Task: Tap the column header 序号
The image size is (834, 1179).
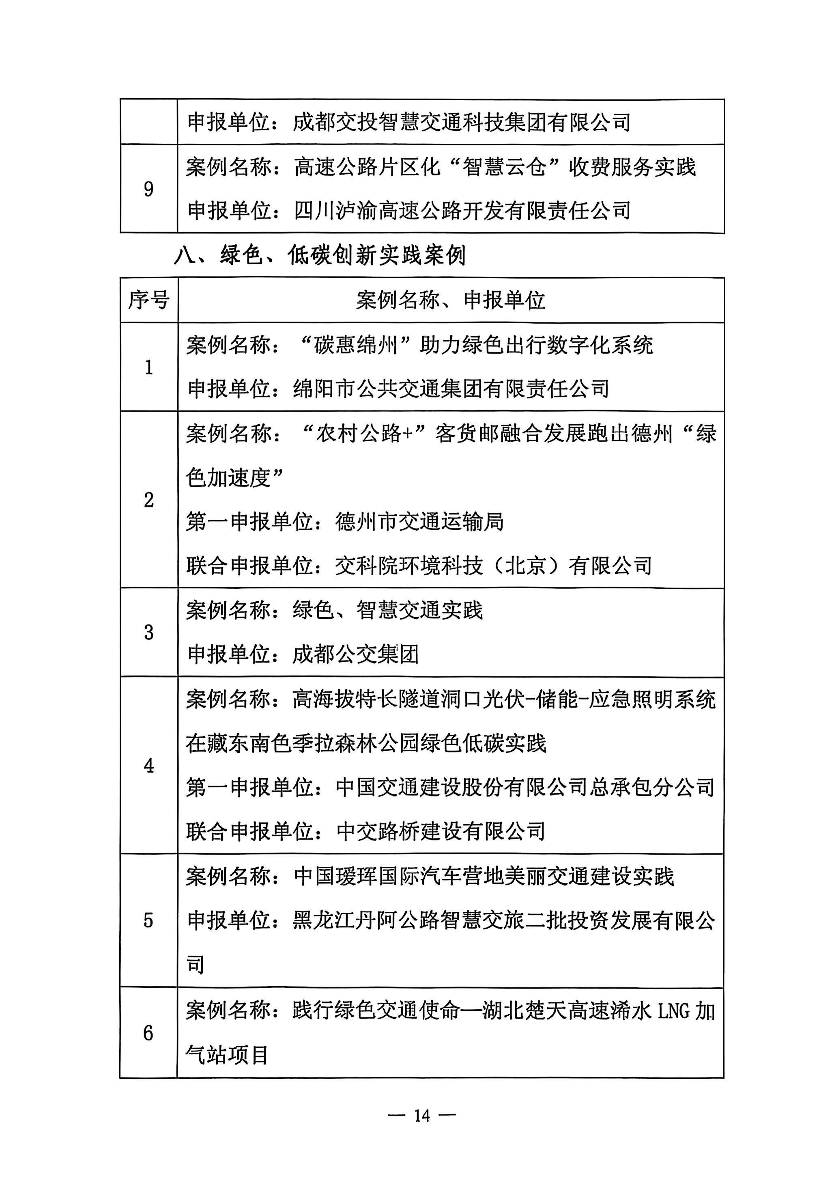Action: tap(148, 300)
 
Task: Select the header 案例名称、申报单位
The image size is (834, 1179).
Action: tap(450, 300)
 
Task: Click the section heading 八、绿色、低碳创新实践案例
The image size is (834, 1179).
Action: tap(319, 255)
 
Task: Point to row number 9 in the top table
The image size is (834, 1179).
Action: tap(148, 189)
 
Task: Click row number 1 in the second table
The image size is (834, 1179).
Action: tap(148, 367)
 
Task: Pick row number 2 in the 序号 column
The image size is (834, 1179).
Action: tap(148, 499)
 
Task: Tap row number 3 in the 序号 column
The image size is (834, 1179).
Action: tap(148, 632)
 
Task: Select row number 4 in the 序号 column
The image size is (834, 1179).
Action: tap(148, 766)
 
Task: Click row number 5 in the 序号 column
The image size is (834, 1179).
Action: tap(148, 920)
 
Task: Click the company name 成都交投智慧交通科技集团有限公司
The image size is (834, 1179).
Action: tap(461, 122)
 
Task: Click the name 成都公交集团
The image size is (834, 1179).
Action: tap(355, 655)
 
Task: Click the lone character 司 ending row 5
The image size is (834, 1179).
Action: tap(196, 965)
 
